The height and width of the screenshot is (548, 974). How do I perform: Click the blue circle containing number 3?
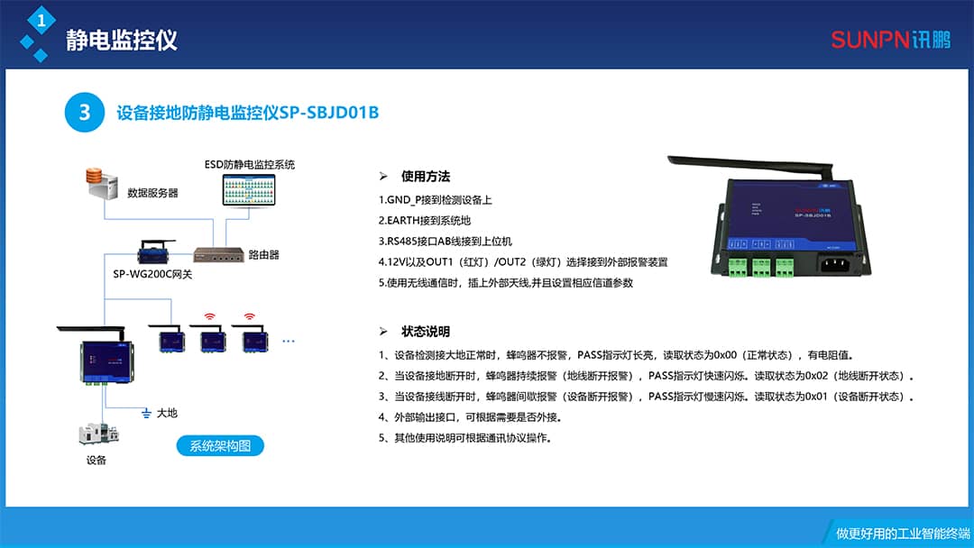[x=85, y=113]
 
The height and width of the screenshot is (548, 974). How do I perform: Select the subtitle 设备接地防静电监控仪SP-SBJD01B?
[x=247, y=113]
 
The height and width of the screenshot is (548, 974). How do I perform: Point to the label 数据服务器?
[x=152, y=193]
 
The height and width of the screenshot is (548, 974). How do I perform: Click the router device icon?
[x=217, y=254]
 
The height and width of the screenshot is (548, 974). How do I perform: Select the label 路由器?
[x=263, y=255]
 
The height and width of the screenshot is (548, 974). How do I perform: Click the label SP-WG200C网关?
[x=152, y=273]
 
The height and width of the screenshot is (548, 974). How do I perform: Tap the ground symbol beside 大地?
[x=145, y=413]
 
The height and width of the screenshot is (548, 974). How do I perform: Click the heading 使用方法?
[x=425, y=177]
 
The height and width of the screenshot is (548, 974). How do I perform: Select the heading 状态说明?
[x=425, y=332]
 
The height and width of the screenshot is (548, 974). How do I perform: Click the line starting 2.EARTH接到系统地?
[x=425, y=220]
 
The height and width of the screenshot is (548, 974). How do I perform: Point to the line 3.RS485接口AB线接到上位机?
[x=446, y=241]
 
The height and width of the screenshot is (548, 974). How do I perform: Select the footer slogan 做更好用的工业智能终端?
[x=896, y=534]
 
